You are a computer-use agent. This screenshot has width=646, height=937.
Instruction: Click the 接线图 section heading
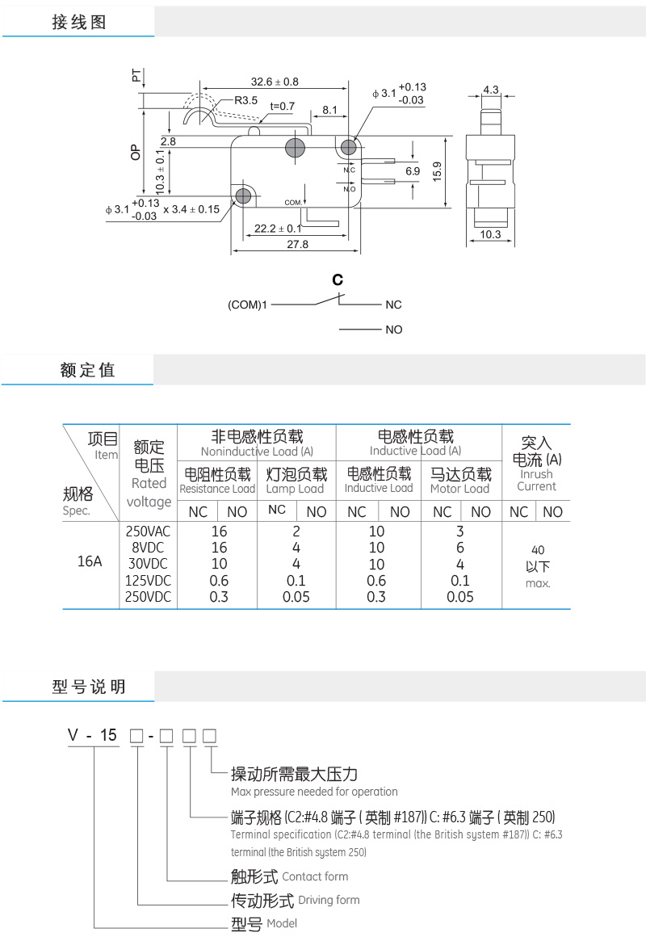pyautogui.click(x=79, y=23)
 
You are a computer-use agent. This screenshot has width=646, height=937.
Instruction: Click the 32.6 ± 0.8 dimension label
pyautogui.click(x=275, y=82)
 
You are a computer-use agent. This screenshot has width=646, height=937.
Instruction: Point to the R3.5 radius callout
pyautogui.click(x=246, y=101)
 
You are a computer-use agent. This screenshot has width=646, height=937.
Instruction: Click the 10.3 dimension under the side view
pyautogui.click(x=491, y=234)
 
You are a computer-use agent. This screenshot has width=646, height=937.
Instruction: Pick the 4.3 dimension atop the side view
pyautogui.click(x=491, y=90)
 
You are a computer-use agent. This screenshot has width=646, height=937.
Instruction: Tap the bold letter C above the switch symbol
pyautogui.click(x=338, y=280)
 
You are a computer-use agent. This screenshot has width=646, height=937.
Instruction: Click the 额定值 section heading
pyautogui.click(x=88, y=370)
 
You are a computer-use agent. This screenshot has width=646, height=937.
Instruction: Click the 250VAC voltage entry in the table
pyautogui.click(x=149, y=532)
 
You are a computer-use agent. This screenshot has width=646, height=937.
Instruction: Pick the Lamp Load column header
pyautogui.click(x=295, y=489)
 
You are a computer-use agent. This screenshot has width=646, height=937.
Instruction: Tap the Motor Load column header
pyautogui.click(x=459, y=489)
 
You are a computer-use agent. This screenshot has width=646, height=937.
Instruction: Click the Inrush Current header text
pyautogui.click(x=536, y=480)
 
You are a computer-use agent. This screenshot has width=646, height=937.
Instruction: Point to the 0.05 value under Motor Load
pyautogui.click(x=460, y=597)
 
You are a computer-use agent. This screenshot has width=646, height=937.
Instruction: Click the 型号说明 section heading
pyautogui.click(x=89, y=687)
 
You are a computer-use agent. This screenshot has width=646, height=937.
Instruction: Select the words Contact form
pyautogui.click(x=315, y=876)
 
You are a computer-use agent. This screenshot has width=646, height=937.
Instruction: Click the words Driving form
pyautogui.click(x=329, y=900)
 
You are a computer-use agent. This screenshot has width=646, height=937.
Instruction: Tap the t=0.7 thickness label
pyautogui.click(x=283, y=106)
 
